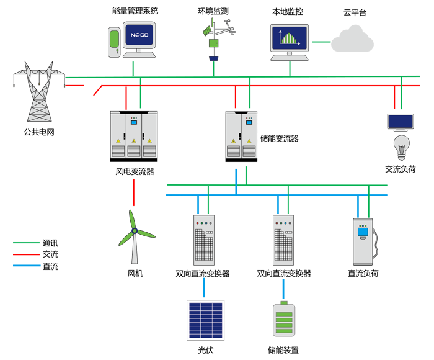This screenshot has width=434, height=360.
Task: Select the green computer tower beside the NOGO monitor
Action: tap(113, 42)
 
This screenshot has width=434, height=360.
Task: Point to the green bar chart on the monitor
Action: tap(289, 38)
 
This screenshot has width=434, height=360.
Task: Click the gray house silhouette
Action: tap(350, 43)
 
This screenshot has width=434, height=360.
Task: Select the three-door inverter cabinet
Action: tap(133, 135)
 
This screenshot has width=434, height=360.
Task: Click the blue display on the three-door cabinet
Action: tap(133, 122)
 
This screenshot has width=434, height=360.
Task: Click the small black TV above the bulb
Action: tap(400, 122)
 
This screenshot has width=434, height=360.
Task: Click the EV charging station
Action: tap(365, 242)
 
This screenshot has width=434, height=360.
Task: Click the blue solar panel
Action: tap(206, 320)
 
